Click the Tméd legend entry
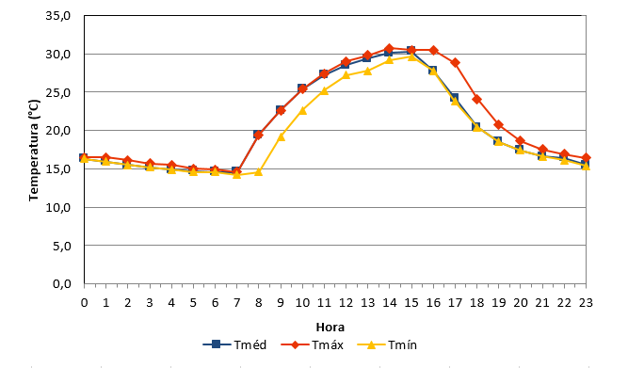(234, 344)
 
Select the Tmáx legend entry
(312, 344)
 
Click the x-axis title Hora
(330, 328)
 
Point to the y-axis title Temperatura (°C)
(34, 151)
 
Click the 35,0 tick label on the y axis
(58, 16)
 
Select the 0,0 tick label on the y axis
(62, 284)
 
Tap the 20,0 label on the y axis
(58, 131)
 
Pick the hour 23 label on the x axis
(586, 303)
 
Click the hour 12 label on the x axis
(346, 303)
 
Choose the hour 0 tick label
(84, 303)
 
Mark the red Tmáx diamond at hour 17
(455, 62)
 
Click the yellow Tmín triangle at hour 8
(258, 172)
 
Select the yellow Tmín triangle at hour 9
(281, 136)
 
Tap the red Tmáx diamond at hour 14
(389, 48)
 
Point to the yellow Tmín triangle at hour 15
(411, 56)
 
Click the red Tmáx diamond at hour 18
(476, 99)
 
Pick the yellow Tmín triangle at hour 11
(324, 90)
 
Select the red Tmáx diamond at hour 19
(498, 125)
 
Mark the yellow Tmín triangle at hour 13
(367, 71)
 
